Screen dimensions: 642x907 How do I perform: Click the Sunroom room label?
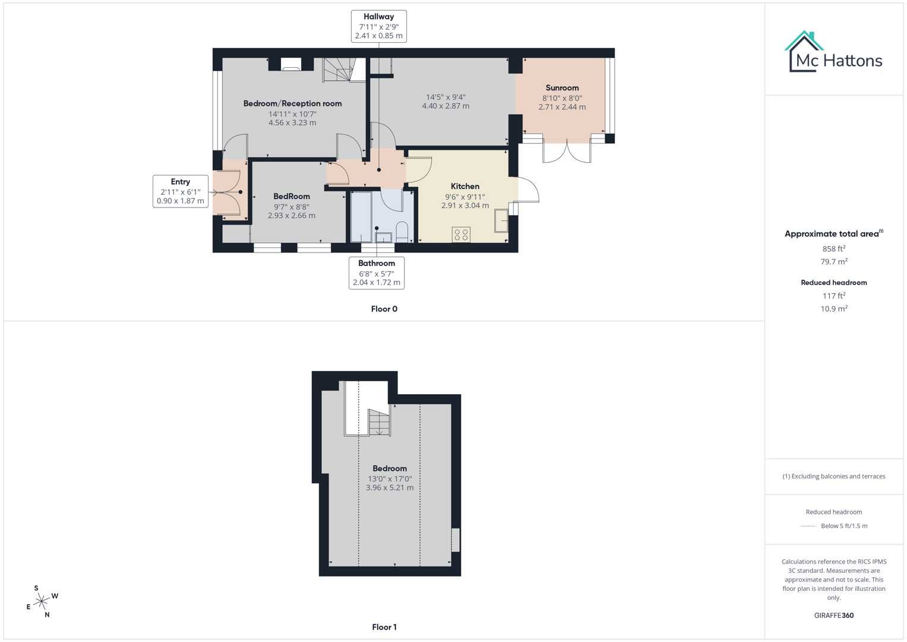point(562,88)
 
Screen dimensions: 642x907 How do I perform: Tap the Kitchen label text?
point(464,187)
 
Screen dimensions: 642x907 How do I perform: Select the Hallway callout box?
point(378,26)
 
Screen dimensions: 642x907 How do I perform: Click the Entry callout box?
point(180,191)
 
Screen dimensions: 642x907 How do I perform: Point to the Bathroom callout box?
point(376,273)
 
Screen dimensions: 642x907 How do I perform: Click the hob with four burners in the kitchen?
point(461,235)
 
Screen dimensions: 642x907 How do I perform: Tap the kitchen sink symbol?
point(501,221)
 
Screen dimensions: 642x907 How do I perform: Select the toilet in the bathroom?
point(402,231)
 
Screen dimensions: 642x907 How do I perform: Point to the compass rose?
point(42,602)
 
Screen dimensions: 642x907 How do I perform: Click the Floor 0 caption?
point(384,309)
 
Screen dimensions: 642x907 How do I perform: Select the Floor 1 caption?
point(384,627)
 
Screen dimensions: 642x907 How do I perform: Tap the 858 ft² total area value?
point(833,248)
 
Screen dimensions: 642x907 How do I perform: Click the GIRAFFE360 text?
point(833,615)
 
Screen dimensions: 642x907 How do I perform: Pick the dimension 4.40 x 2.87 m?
point(445,106)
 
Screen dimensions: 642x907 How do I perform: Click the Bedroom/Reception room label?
point(292,103)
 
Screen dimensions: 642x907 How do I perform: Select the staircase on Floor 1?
point(378,422)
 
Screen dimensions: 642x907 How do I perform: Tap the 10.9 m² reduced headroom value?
point(833,309)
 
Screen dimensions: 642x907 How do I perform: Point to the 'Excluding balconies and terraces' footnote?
point(833,476)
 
